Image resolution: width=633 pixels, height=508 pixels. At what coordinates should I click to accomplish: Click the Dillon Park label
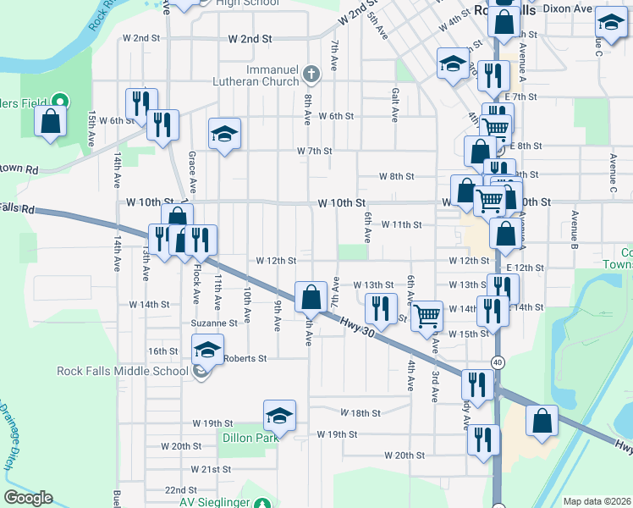(250, 439)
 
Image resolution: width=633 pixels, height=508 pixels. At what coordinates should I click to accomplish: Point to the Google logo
(28, 499)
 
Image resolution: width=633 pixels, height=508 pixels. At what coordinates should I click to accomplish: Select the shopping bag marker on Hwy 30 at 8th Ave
(311, 297)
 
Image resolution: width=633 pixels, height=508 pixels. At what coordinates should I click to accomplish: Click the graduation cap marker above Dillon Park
(279, 416)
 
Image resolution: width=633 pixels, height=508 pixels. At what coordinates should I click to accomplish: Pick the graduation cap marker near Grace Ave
(224, 134)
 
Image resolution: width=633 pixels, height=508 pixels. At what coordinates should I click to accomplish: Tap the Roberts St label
(245, 358)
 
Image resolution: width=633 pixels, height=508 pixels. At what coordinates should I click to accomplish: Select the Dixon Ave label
(567, 8)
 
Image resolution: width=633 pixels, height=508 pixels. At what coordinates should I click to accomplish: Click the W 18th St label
(361, 413)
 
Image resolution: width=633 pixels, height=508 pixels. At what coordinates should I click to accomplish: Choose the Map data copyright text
(597, 501)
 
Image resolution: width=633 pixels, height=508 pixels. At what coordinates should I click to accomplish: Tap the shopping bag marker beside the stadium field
(50, 120)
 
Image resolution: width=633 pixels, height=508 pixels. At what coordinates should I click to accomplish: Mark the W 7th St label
(314, 151)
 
